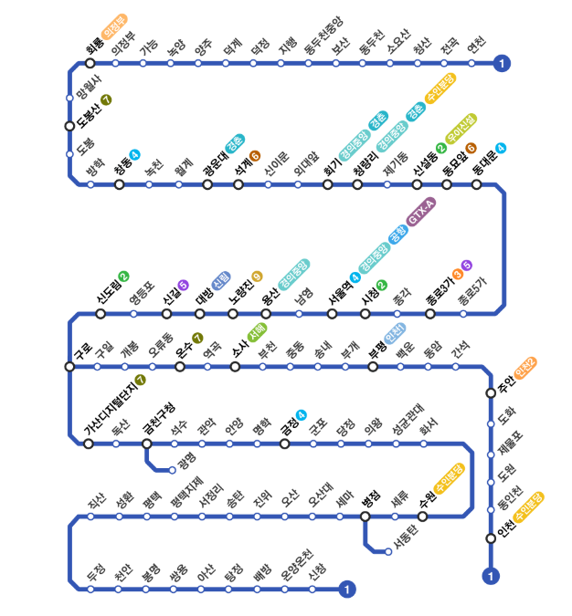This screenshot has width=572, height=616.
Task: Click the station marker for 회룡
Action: pyautogui.click(x=90, y=63)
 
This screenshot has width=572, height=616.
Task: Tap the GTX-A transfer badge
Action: pyautogui.click(x=421, y=212)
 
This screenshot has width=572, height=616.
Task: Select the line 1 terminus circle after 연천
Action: pyautogui.click(x=502, y=63)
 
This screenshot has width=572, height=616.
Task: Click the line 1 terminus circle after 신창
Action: pyautogui.click(x=346, y=590)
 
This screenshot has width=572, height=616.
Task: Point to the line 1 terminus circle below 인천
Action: pyautogui.click(x=491, y=577)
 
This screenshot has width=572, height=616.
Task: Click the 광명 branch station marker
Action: pyautogui.click(x=173, y=470)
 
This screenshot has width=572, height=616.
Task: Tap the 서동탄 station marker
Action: pyautogui.click(x=388, y=551)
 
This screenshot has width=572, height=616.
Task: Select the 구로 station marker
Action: pyautogui.click(x=69, y=367)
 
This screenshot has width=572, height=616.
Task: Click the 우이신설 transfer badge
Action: pyautogui.click(x=461, y=129)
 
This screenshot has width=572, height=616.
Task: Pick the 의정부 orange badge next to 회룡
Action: pyautogui.click(x=114, y=26)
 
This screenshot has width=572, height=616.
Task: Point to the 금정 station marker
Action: pyautogui.click(x=285, y=444)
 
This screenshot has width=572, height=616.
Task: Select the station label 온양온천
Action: pyautogui.click(x=297, y=565)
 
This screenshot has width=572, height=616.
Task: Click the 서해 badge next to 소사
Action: pyautogui.click(x=258, y=332)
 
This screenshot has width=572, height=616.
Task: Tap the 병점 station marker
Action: pyautogui.click(x=365, y=517)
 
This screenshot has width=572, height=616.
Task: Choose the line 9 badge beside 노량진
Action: pyautogui.click(x=257, y=277)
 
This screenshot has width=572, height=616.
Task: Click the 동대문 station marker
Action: pyautogui.click(x=476, y=184)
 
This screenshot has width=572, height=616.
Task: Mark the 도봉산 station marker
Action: pyautogui.click(x=69, y=126)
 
